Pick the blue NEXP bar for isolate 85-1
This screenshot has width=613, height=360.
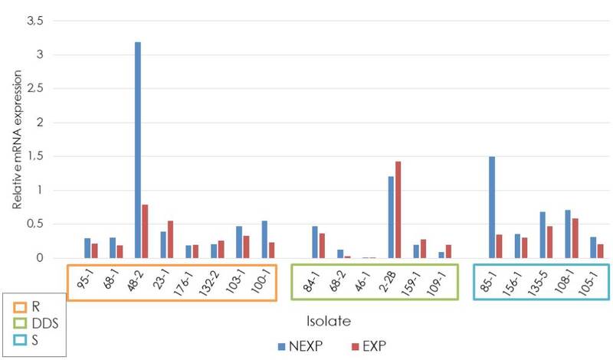pyautogui.click(x=491, y=207)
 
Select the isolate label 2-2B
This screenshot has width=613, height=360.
pyautogui.click(x=395, y=283)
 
